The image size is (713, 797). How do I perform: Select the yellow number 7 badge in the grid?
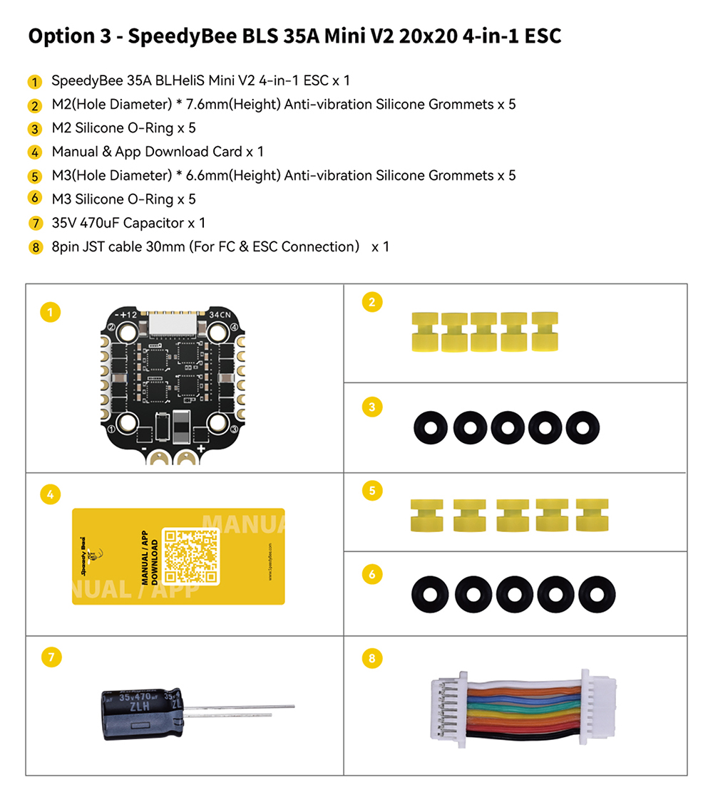click(x=50, y=657)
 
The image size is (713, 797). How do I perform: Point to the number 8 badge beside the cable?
click(x=371, y=657)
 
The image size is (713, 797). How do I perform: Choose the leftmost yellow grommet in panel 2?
click(x=425, y=330)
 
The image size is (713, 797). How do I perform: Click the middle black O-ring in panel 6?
click(x=513, y=593)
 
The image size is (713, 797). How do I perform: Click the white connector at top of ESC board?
click(x=172, y=325)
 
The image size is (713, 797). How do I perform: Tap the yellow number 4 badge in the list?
click(x=35, y=152)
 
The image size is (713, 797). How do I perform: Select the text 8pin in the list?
click(x=66, y=246)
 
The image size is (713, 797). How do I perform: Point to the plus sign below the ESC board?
click(x=201, y=449)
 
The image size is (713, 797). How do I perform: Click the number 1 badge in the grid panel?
click(x=50, y=311)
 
